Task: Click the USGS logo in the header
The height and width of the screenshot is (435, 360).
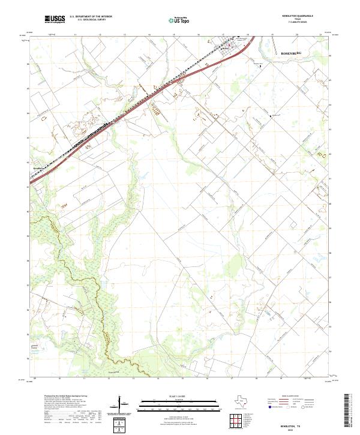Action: click(55, 20)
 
